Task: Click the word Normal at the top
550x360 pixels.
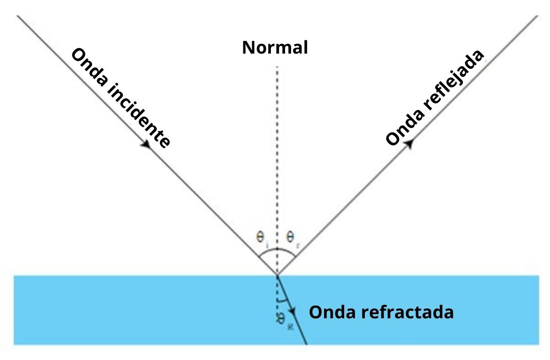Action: click(x=275, y=47)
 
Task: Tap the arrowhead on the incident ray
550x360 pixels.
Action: click(x=145, y=144)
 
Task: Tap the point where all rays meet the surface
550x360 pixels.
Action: click(x=277, y=275)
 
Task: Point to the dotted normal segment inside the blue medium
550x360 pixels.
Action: click(x=277, y=293)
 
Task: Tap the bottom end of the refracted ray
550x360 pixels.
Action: click(x=306, y=344)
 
